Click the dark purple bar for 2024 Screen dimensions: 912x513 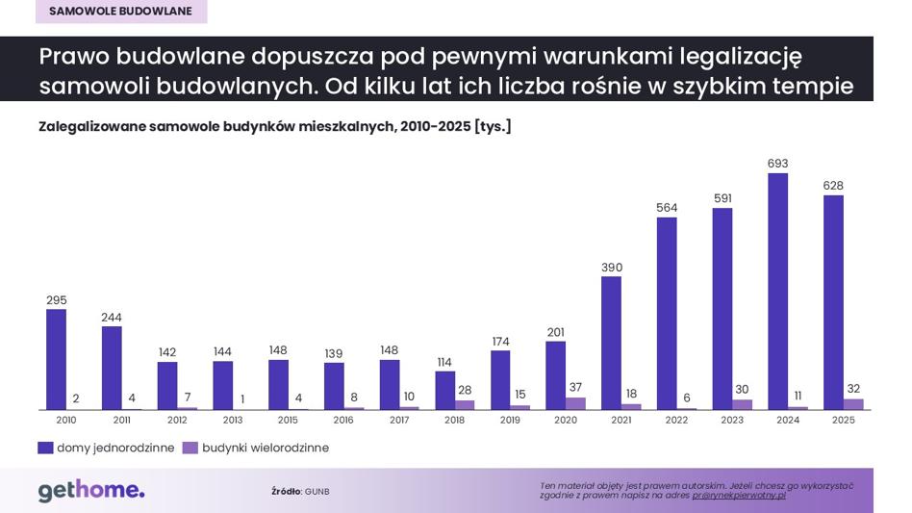777,292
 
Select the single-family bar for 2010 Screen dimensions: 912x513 56,359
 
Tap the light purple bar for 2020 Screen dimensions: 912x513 575,403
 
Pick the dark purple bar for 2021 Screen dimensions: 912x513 611,344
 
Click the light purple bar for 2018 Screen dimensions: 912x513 464,405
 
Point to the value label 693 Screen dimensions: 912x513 777,164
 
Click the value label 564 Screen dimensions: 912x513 667,208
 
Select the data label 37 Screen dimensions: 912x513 575,387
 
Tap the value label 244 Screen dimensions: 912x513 111,318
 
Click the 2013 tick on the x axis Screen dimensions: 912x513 233,420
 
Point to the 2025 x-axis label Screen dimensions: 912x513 844,420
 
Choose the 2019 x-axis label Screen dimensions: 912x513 510,420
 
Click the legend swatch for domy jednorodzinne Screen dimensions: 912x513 45,448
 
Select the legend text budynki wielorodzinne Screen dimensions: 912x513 266,448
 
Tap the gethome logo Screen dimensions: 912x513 91,491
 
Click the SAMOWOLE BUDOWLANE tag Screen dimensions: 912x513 120,11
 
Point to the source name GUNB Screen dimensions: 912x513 317,492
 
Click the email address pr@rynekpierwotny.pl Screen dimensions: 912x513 739,496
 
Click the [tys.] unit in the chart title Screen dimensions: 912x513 494,127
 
